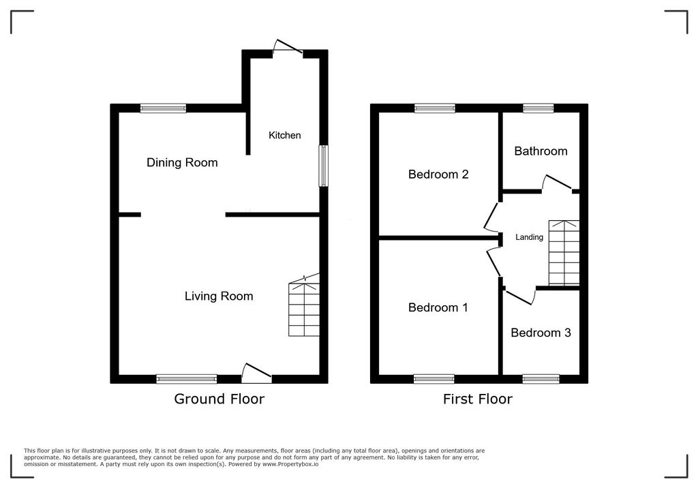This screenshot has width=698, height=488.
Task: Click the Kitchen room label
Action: pyautogui.click(x=284, y=136)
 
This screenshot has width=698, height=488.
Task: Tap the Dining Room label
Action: pyautogui.click(x=182, y=162)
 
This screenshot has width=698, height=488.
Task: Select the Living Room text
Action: pyautogui.click(x=219, y=296)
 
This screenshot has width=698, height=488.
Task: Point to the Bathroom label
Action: pyautogui.click(x=541, y=151)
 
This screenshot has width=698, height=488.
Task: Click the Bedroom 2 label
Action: pyautogui.click(x=438, y=174)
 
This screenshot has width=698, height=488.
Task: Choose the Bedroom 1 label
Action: pyautogui.click(x=438, y=307)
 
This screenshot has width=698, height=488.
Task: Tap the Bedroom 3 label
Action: pyautogui.click(x=541, y=333)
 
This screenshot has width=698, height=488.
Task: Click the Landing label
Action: pyautogui.click(x=529, y=237)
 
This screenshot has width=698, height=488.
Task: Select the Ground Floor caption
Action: pyautogui.click(x=219, y=399)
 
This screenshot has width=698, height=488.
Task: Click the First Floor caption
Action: pyautogui.click(x=477, y=399)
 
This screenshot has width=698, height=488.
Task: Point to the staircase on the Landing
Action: pyautogui.click(x=564, y=253)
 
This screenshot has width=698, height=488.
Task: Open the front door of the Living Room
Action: pyautogui.click(x=257, y=372)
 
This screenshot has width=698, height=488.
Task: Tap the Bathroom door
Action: pyautogui.click(x=557, y=183)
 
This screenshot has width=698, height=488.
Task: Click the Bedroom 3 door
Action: pyautogui.click(x=519, y=296)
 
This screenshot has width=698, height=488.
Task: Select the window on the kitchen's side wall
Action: pyautogui.click(x=324, y=166)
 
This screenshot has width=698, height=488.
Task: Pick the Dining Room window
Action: pyautogui.click(x=164, y=108)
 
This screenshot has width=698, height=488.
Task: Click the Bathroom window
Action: pyautogui.click(x=538, y=108)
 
